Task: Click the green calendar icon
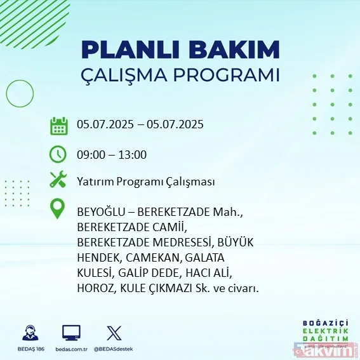point(59,125)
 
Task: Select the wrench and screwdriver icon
point(59,180)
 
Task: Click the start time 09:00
point(90,154)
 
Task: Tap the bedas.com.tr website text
point(70,350)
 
